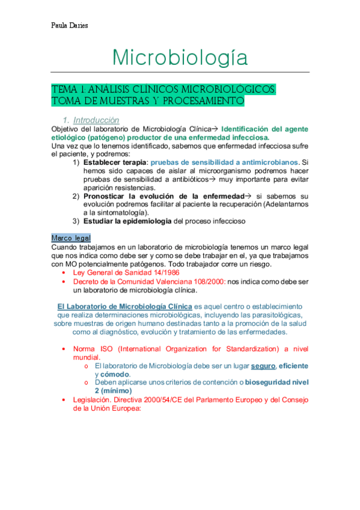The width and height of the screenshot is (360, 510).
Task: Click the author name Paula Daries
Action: (70, 26)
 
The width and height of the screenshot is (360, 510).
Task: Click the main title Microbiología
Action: (180, 58)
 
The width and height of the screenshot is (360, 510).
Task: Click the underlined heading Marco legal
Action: (71, 238)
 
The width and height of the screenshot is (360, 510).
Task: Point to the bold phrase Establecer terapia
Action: (115, 162)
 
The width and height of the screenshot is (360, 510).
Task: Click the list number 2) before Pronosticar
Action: (76, 196)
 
